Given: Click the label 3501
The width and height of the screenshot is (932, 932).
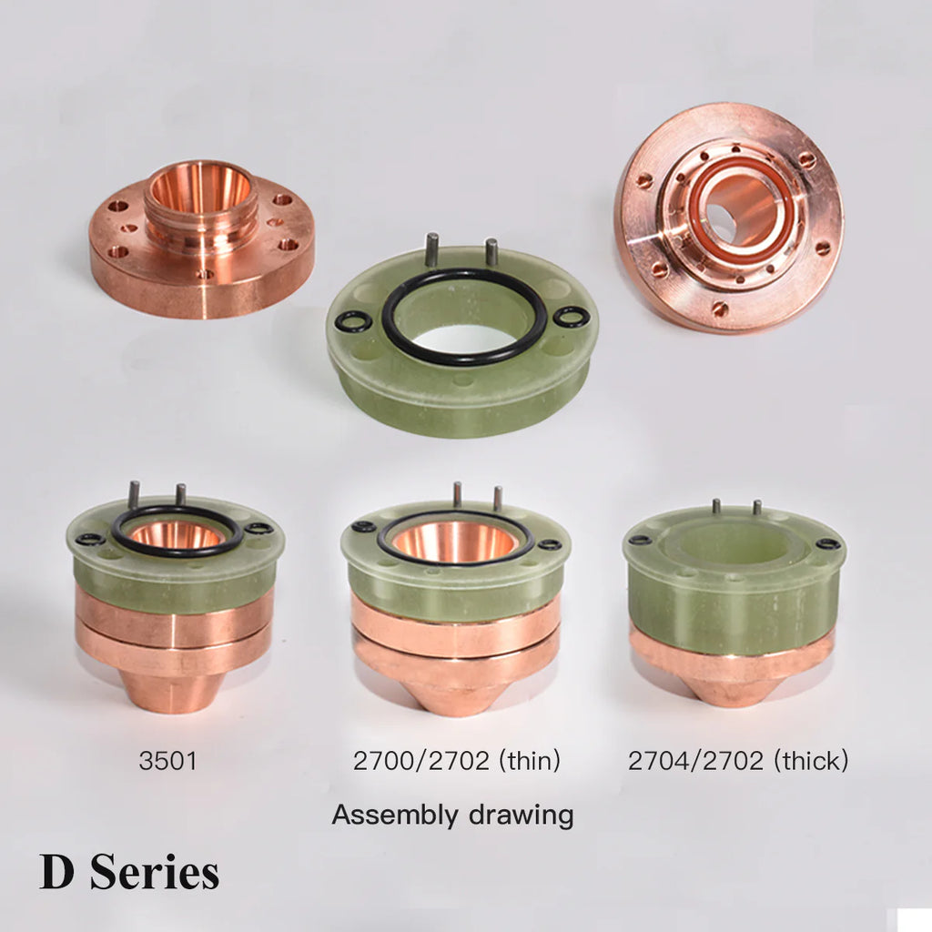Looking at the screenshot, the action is coord(167,760).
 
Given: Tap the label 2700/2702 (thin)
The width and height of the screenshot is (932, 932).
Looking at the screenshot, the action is coord(457,760).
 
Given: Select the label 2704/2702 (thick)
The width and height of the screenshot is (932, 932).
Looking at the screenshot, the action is coord(737,760).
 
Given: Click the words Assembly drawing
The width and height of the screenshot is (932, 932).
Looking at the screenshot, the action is coord(452,815).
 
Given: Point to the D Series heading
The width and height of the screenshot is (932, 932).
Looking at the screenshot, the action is coord(129,872).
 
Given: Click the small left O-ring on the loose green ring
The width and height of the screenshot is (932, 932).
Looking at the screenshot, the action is coord(353,321).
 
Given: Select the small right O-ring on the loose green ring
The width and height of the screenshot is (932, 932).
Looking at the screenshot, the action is coord(572,317).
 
